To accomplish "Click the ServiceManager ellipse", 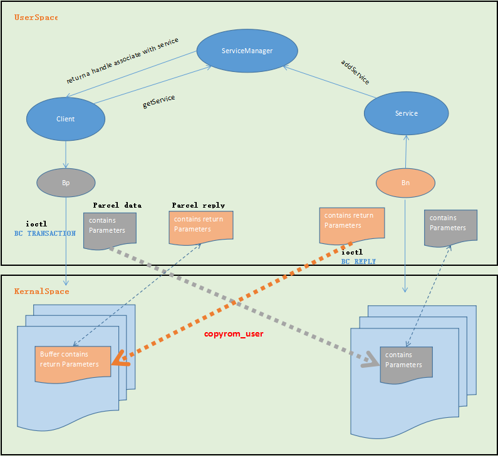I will coord(247,51).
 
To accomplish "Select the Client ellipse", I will coord(65,119).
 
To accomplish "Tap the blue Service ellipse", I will coord(406,113).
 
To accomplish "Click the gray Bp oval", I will coord(66,183).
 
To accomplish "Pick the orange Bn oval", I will coord(405,183).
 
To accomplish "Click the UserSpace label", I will coord(36,18).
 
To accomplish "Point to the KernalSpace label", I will coord(41,291).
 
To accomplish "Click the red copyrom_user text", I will coord(234,334).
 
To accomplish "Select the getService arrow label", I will coord(159,102).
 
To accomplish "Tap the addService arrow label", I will coord(355,72).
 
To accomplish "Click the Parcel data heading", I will coord(117,205).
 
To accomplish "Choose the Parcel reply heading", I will coord(199,205).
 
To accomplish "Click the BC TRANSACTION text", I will coord(44,233).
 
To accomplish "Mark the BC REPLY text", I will coord(358,261).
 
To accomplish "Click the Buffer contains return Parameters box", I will coord(73,361).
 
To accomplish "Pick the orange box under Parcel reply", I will coord(200,226).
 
